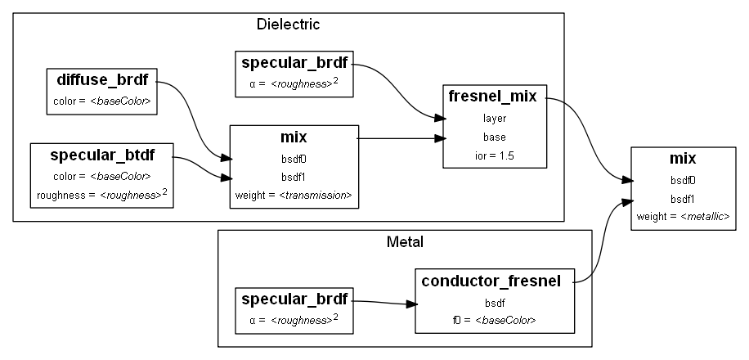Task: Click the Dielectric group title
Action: pos(288,24)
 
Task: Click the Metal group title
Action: pos(404,241)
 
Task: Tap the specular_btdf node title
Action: pos(101,155)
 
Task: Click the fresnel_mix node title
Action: pos(493,97)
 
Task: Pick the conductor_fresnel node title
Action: pos(491,281)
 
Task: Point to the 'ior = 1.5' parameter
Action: pos(495,155)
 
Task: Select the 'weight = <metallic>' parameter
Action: pos(683,216)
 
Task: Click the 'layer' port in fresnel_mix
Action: pos(495,118)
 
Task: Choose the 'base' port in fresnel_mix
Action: pos(495,137)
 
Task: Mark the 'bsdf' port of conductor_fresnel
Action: pos(495,303)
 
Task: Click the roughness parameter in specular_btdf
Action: pos(101,194)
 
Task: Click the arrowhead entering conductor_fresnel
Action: pos(411,304)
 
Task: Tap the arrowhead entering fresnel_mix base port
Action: pos(440,138)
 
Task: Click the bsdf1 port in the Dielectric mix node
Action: pos(294,177)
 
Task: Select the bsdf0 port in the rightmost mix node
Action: pos(683,180)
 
